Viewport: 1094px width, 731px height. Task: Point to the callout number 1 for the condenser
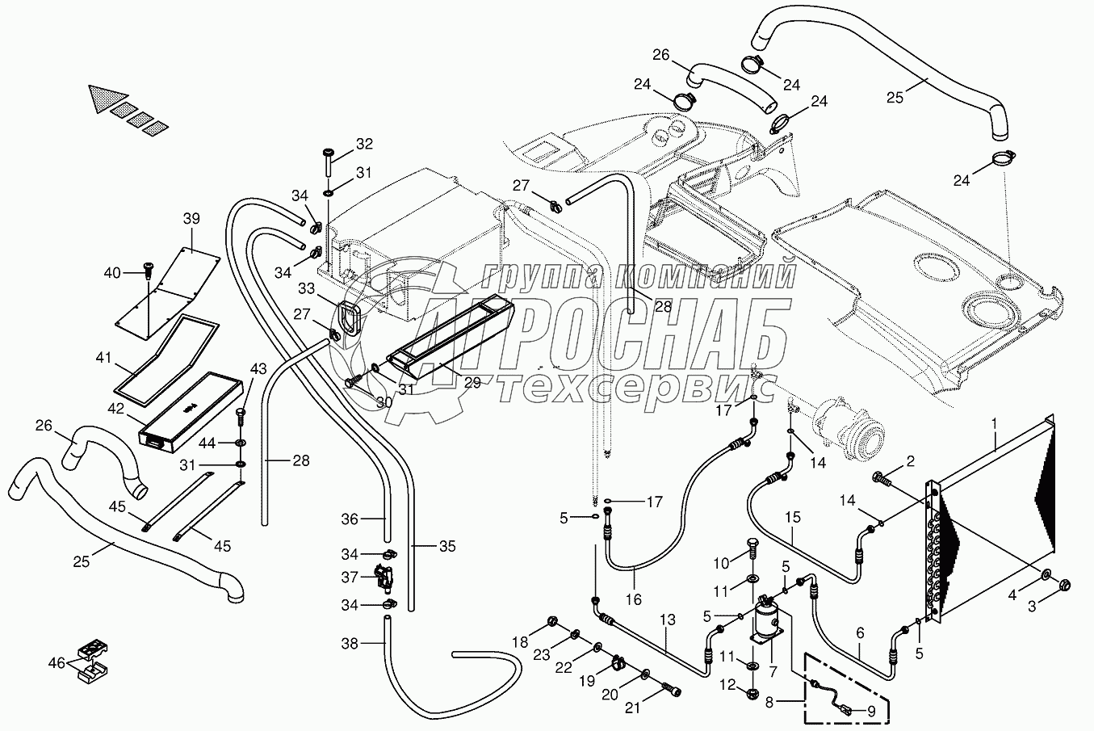[995, 422]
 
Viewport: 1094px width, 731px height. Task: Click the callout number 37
[349, 578]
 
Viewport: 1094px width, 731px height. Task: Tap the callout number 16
[634, 599]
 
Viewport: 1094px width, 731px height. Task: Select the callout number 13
[667, 620]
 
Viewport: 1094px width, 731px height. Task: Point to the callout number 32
[364, 145]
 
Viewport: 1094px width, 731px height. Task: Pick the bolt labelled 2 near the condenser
[882, 480]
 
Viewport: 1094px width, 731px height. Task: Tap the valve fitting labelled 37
[381, 578]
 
